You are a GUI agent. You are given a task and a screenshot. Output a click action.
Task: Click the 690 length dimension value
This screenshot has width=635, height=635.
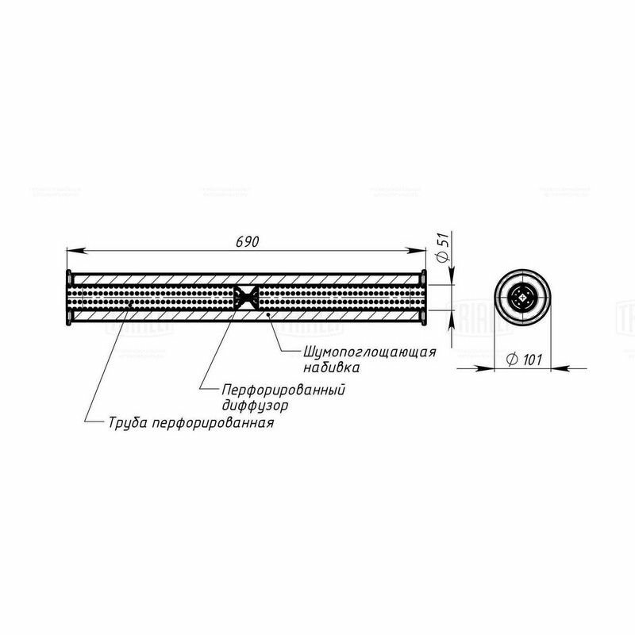click(248, 242)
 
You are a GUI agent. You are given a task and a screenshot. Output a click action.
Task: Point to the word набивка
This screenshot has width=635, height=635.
click(332, 368)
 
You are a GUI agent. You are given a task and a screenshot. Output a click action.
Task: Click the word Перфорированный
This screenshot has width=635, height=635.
click(287, 389)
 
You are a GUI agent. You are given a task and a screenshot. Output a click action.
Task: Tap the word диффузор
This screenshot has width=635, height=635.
click(256, 405)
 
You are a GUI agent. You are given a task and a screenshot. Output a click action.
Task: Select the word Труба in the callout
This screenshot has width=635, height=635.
click(128, 422)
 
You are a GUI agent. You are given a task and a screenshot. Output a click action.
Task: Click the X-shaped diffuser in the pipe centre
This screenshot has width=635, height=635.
click(246, 298)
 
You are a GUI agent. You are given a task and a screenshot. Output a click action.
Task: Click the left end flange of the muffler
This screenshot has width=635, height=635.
click(69, 298)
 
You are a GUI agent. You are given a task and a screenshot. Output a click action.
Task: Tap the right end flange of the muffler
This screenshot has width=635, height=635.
click(424, 298)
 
